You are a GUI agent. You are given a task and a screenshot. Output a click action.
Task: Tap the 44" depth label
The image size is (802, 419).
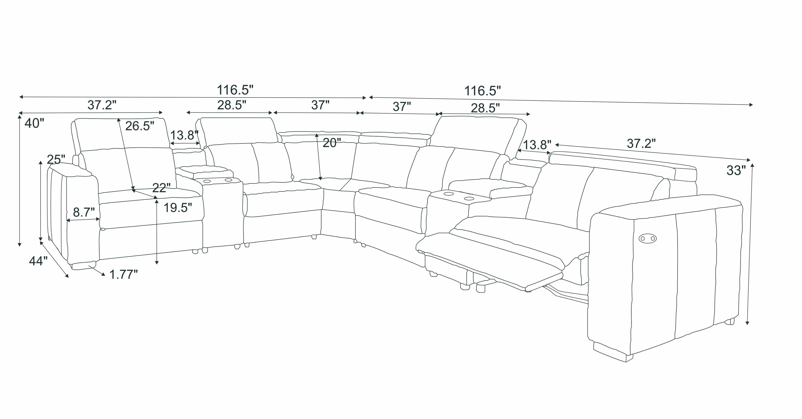click(38, 261)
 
